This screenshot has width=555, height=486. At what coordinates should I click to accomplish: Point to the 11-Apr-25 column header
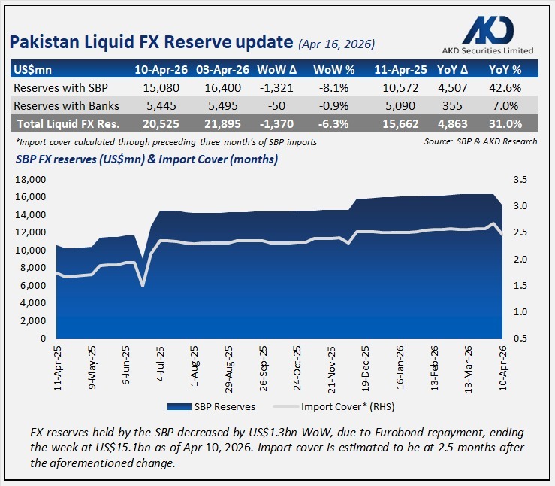pos(397,70)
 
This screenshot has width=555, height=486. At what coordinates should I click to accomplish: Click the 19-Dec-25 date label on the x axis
pos(366,366)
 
